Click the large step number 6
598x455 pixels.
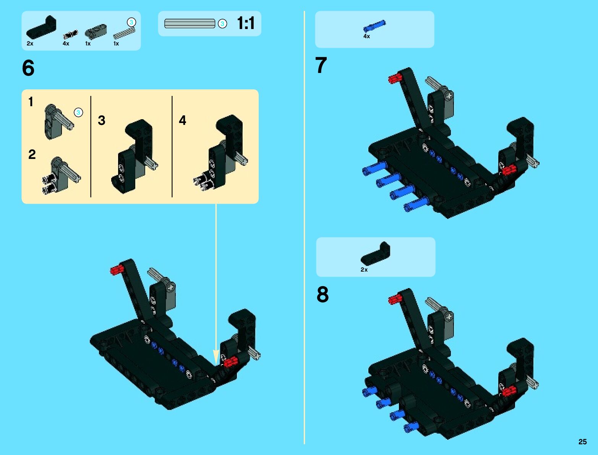click(x=28, y=68)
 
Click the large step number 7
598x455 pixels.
click(x=321, y=65)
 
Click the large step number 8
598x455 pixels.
click(x=322, y=294)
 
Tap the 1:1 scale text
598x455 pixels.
click(x=246, y=23)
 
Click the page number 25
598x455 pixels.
click(x=582, y=442)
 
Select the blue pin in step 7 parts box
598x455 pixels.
click(x=374, y=26)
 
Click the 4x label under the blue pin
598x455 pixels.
click(x=366, y=36)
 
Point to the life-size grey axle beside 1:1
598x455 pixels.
click(x=190, y=23)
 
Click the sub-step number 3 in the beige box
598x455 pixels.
click(x=102, y=120)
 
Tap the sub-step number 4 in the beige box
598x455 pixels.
click(x=183, y=120)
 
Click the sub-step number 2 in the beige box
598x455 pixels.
click(x=32, y=154)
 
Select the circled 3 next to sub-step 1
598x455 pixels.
click(x=78, y=112)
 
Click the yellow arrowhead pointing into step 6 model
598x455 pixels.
click(x=216, y=357)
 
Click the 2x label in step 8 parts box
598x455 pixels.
click(x=364, y=270)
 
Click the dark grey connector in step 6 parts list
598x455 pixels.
click(x=96, y=31)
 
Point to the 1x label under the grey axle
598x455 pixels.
click(x=116, y=44)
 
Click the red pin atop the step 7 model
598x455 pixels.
click(x=394, y=79)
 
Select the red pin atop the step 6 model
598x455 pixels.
click(x=116, y=270)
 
